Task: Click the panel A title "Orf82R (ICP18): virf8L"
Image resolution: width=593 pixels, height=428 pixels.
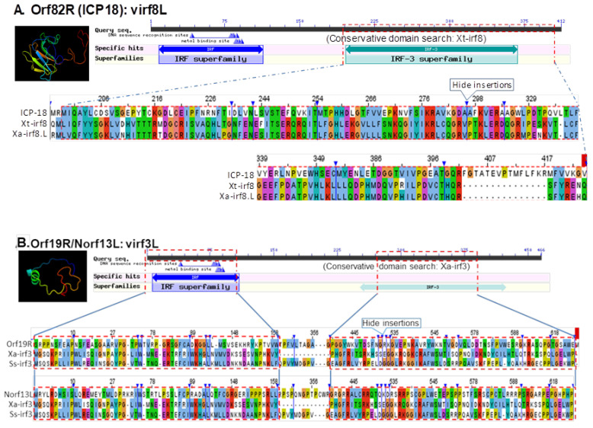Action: pyautogui.click(x=99, y=9)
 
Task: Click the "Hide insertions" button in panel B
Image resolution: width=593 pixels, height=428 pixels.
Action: pyautogui.click(x=390, y=323)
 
